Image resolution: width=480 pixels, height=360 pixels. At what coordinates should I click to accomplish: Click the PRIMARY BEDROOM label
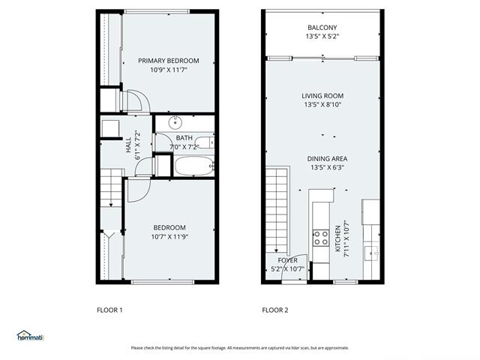tap(168, 61)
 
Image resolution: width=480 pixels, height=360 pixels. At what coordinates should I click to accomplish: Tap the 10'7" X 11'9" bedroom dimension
tap(169, 237)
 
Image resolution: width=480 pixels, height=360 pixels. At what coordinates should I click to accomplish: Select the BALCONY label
tap(322, 28)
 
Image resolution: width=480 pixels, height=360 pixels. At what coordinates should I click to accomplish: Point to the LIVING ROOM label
tap(322, 96)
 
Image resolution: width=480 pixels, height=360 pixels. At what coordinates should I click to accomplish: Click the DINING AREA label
tap(327, 158)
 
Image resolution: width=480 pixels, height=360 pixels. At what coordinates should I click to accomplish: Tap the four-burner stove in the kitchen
tap(321, 238)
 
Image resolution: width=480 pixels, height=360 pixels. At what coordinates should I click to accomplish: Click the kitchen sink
tap(372, 253)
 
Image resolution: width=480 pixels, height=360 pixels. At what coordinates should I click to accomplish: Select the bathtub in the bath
tap(194, 166)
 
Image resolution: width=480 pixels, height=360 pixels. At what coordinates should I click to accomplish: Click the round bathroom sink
tap(175, 123)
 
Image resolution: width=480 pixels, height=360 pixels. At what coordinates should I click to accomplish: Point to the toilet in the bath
tap(205, 142)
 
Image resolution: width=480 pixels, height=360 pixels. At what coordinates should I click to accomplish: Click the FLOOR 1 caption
tap(109, 310)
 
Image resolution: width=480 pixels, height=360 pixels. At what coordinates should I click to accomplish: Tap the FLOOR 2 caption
tap(275, 310)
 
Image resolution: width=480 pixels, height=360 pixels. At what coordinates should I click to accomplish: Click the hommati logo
tap(30, 336)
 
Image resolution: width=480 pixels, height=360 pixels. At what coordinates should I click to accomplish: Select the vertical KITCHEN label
tap(338, 238)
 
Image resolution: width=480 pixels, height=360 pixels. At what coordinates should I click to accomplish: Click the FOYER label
tap(288, 260)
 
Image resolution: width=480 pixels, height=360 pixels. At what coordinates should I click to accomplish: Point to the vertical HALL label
tap(128, 145)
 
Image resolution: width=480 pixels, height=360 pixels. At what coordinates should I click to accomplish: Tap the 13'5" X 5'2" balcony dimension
tap(322, 37)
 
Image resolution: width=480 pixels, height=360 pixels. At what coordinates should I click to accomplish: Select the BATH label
tap(184, 138)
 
